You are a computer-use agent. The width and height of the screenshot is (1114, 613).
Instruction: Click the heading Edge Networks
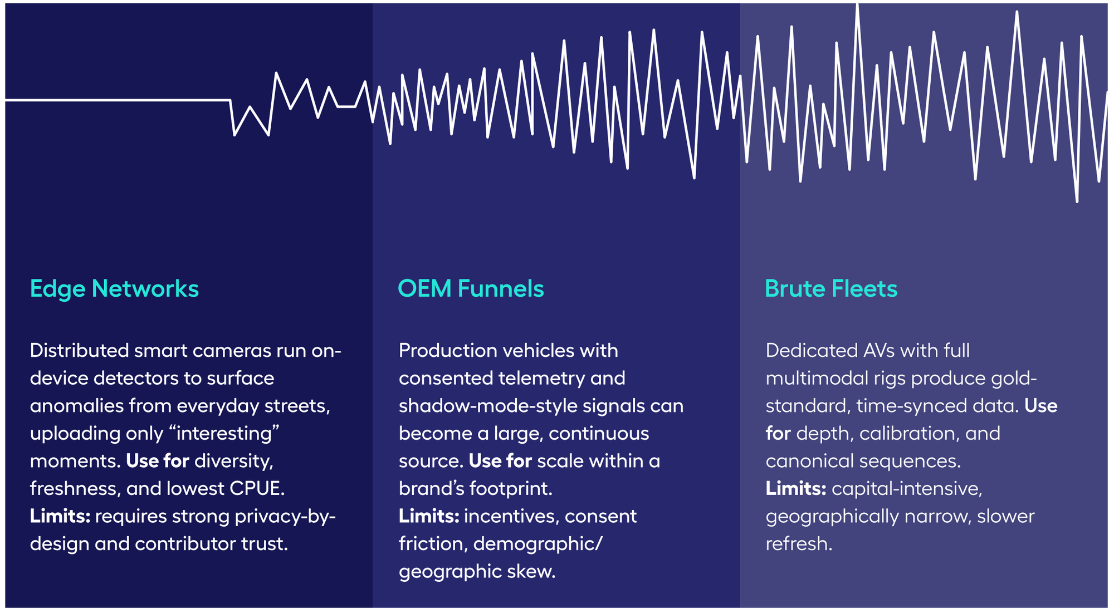pos(114,289)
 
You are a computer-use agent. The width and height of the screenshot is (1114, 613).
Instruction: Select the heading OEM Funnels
pos(471,289)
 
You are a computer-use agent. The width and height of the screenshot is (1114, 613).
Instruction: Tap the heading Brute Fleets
pos(831,289)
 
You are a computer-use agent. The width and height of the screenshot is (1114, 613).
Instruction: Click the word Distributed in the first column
pos(79,351)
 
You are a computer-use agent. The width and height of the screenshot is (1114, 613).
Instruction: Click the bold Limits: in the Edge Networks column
pos(60,517)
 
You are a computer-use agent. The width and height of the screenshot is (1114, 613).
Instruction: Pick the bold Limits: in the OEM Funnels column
pos(428,517)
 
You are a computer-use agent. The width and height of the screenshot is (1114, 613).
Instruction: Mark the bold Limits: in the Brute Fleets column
pos(795,489)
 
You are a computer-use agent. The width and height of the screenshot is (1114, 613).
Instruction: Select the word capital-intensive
pos(907,489)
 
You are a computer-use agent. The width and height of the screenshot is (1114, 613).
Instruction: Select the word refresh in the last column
pos(798,544)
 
